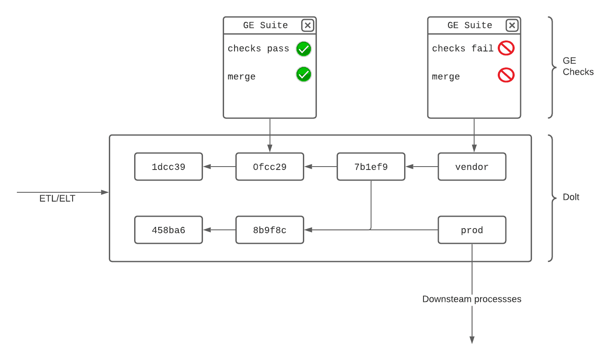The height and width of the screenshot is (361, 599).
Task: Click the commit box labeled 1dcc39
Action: click(168, 167)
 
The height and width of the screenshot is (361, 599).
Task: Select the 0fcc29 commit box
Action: click(270, 167)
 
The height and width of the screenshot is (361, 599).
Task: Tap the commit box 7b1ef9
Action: click(371, 167)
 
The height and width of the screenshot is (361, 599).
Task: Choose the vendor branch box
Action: click(472, 167)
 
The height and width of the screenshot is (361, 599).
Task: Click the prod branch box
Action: click(472, 230)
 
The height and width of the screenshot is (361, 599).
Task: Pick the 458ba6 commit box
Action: click(168, 230)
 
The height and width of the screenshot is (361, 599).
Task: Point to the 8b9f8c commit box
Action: click(270, 230)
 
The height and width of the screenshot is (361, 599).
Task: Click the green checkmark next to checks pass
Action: click(304, 49)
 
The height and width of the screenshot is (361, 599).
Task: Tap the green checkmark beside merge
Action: click(304, 74)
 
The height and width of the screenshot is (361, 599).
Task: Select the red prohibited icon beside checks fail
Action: click(506, 48)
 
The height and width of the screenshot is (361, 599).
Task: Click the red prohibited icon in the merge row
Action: click(506, 75)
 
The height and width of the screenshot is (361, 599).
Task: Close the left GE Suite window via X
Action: click(308, 25)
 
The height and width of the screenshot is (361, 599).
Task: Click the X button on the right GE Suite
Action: click(512, 25)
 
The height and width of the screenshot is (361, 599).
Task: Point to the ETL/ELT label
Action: click(57, 198)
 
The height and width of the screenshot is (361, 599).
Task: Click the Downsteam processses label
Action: click(472, 299)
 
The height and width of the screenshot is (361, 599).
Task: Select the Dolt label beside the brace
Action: click(571, 197)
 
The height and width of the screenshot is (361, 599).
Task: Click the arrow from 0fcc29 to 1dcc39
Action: click(219, 167)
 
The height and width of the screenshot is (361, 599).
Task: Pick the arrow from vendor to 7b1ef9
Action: click(422, 167)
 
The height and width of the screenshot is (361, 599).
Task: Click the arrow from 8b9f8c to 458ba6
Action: click(219, 230)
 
